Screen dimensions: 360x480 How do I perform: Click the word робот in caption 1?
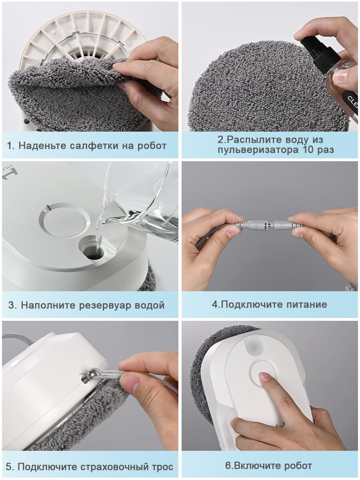point(152,146)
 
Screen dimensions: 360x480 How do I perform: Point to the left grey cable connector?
point(253,225)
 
